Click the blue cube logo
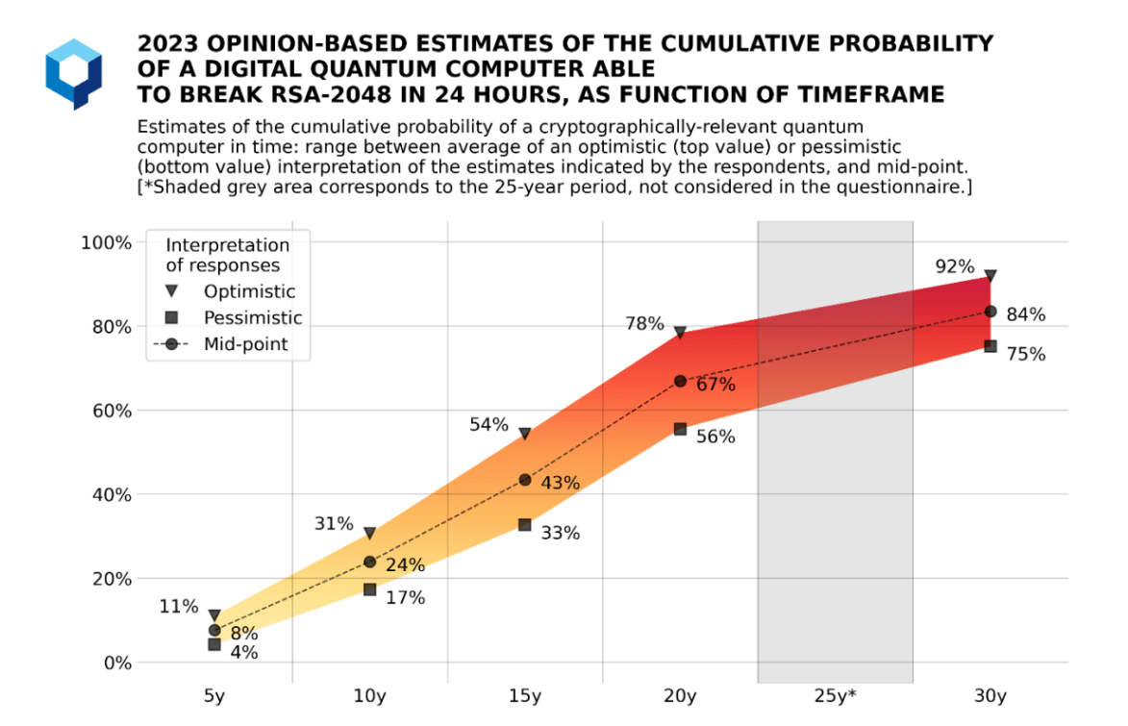73,73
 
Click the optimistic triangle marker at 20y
680,333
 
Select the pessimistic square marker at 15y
525,525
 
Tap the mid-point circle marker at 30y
990,312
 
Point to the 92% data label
955,266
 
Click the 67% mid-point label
715,386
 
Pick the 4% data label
244,653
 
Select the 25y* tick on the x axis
835,694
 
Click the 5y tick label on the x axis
214,694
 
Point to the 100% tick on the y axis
105,242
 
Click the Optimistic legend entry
249,291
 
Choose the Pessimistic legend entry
253,317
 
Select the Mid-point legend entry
245,343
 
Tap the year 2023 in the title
168,44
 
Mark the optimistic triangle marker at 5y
214,615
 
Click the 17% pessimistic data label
405,598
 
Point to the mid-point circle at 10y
369,562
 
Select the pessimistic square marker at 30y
990,346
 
